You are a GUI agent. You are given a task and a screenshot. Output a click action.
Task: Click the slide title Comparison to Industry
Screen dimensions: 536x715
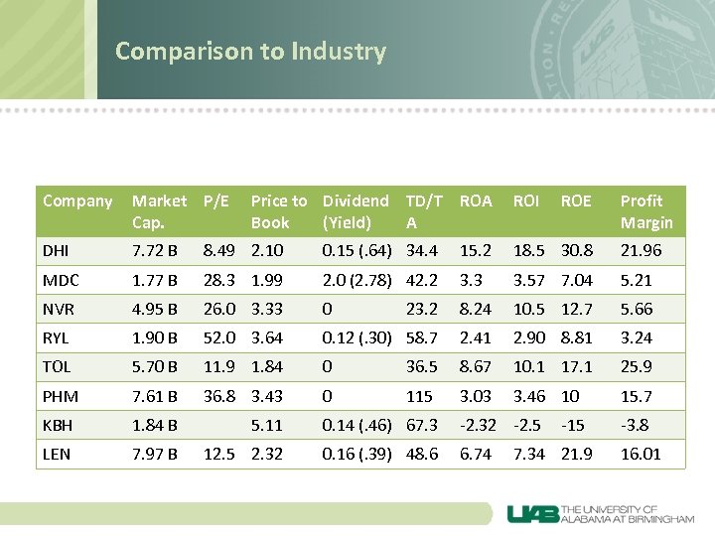(x=250, y=51)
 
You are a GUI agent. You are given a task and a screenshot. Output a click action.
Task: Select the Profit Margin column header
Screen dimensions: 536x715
(x=645, y=211)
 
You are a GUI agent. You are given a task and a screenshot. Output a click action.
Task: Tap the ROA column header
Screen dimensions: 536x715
(x=476, y=201)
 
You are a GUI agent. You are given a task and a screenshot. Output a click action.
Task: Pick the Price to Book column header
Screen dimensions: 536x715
(x=278, y=211)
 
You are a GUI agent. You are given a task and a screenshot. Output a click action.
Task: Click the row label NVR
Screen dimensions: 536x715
(x=59, y=309)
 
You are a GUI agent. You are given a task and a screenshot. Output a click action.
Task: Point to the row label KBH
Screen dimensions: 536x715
(x=59, y=425)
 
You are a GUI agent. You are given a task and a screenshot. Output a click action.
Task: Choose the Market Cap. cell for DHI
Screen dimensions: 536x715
(x=155, y=251)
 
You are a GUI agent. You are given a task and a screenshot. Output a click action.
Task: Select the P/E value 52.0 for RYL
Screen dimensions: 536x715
(x=219, y=337)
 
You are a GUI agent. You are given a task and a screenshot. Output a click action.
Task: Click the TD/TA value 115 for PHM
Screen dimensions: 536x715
(x=419, y=396)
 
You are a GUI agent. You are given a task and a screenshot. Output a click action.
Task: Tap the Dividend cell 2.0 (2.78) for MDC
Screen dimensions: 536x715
(x=357, y=280)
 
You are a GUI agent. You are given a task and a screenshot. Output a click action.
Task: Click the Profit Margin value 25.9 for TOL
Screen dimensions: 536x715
(x=636, y=367)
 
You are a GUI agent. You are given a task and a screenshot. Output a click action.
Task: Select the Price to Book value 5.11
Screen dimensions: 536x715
(x=267, y=425)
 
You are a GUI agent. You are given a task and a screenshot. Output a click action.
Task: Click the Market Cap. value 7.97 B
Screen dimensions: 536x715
(x=155, y=454)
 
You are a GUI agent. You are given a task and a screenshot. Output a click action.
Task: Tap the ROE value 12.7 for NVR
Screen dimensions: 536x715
(x=576, y=309)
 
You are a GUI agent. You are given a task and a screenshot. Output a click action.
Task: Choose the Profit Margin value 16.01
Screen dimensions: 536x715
(x=641, y=454)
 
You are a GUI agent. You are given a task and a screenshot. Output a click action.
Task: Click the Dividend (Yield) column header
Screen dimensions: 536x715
(x=356, y=211)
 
